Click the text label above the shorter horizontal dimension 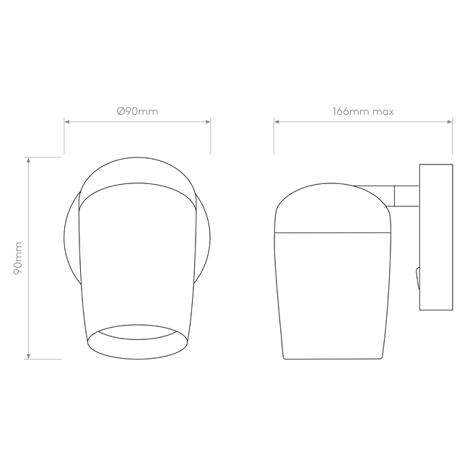[x=137, y=111]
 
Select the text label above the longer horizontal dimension [x=363, y=111]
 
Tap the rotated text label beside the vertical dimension [x=18, y=258]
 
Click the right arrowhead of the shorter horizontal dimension [x=208, y=122]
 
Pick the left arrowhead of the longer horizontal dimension [x=276, y=122]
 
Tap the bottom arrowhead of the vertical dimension [x=28, y=355]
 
